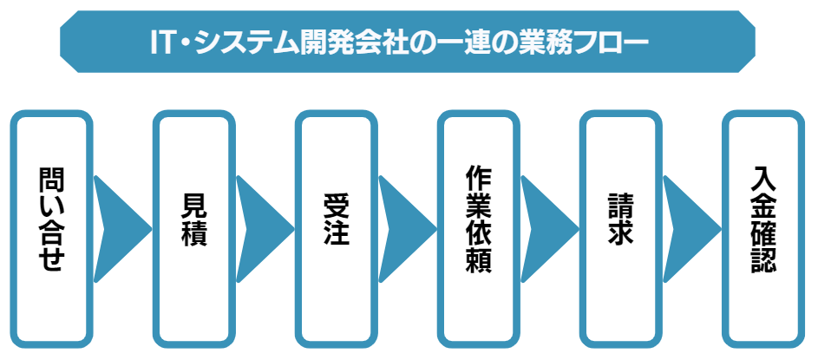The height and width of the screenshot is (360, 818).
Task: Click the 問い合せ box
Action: point(52,227)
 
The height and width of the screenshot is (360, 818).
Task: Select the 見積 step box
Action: point(194,227)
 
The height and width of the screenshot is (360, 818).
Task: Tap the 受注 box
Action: point(336,227)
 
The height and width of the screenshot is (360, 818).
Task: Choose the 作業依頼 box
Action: point(479,227)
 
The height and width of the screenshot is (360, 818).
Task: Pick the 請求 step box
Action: point(621,227)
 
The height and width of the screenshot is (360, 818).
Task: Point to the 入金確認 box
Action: point(763,227)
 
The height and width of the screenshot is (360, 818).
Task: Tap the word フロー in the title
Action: point(619,42)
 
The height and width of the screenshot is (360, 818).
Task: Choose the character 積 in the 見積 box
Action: point(194,235)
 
